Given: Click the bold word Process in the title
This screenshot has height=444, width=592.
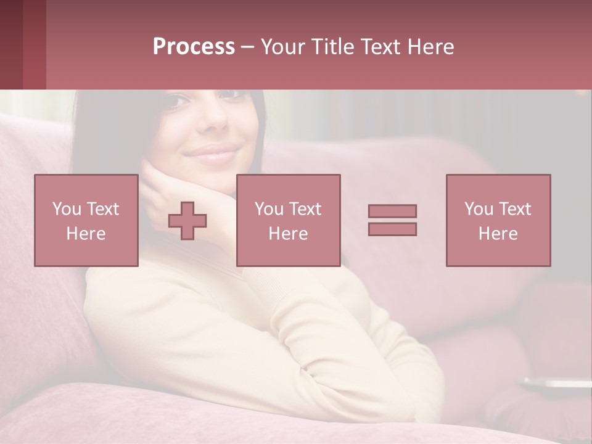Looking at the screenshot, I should pyautogui.click(x=194, y=47).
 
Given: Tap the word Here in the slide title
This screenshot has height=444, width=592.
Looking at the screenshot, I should pyautogui.click(x=430, y=47).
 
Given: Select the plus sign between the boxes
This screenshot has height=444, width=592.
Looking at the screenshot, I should pyautogui.click(x=187, y=221).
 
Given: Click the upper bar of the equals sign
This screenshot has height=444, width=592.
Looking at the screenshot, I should pyautogui.click(x=392, y=211).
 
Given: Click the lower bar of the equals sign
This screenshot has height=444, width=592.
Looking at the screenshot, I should pyautogui.click(x=392, y=229).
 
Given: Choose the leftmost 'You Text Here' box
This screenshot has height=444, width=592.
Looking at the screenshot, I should pyautogui.click(x=86, y=221).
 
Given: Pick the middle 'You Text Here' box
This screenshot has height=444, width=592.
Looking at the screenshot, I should pyautogui.click(x=288, y=221).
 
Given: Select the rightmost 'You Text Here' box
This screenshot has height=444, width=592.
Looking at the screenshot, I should pyautogui.click(x=498, y=221).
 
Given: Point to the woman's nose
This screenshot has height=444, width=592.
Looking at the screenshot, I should pyautogui.click(x=214, y=120).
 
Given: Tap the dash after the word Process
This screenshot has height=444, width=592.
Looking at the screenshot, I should pyautogui.click(x=247, y=47).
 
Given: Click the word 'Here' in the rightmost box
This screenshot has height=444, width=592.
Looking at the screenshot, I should pyautogui.click(x=498, y=234).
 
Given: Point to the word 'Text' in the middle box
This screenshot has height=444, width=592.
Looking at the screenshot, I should pyautogui.click(x=305, y=209).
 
